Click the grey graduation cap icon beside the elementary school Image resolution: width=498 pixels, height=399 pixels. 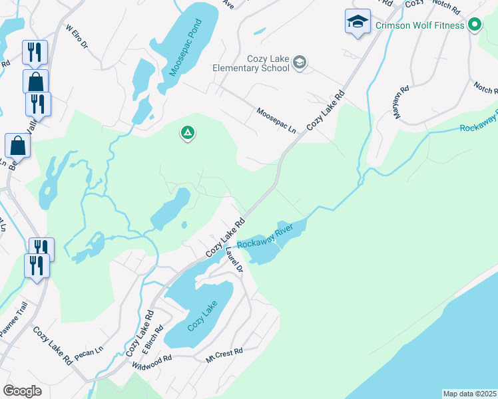300,63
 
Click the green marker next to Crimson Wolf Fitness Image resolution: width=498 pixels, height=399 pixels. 475,26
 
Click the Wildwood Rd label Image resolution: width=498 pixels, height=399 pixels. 152,362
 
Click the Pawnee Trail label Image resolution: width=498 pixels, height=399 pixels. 13,319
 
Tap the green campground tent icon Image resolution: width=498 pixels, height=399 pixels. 188,134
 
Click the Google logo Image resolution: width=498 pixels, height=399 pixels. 22,391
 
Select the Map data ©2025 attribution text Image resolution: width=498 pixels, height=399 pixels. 469,394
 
